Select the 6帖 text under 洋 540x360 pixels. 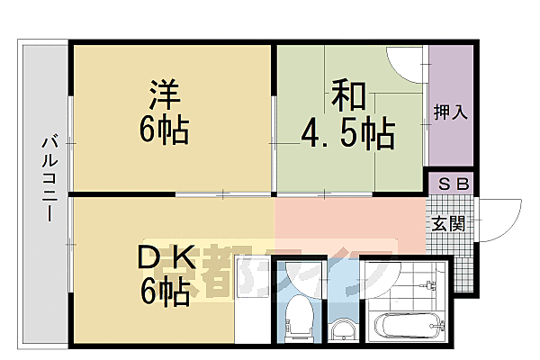click(x=163, y=131)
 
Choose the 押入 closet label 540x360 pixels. click(x=450, y=112)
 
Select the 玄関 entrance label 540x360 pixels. click(x=445, y=222)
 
